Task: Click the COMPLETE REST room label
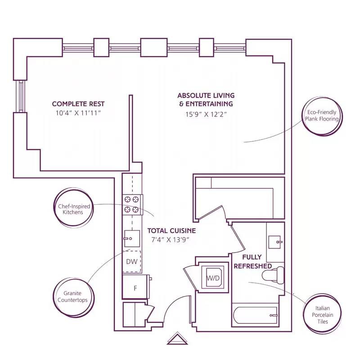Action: (x=78, y=104)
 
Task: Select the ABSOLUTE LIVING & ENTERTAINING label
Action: (x=206, y=99)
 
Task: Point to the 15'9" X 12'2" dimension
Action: (x=206, y=114)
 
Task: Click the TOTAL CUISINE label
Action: (x=171, y=230)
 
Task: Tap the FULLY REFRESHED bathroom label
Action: (x=252, y=261)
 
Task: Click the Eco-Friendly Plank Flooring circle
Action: (x=321, y=116)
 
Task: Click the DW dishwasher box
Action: (x=132, y=261)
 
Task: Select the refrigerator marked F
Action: (x=135, y=287)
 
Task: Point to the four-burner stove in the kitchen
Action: (x=132, y=204)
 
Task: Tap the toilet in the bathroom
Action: (x=279, y=274)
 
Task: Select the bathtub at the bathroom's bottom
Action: (x=256, y=316)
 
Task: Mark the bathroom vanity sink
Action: (x=276, y=242)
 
